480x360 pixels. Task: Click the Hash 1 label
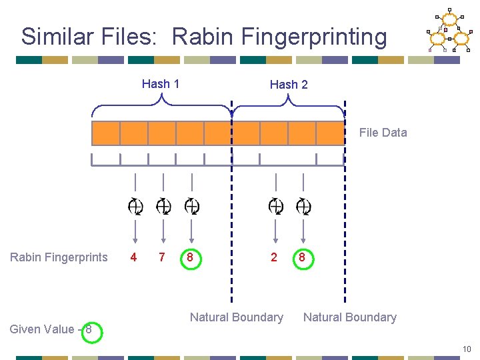(161, 84)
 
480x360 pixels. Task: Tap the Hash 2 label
(289, 85)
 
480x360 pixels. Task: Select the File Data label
(383, 133)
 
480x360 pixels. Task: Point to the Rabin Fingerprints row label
(59, 257)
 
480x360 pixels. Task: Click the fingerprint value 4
(134, 257)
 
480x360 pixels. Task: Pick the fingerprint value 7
(162, 257)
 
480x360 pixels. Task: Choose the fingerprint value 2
(274, 257)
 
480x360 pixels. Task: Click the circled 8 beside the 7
(191, 257)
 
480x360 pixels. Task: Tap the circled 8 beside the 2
(302, 257)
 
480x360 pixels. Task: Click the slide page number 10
(467, 349)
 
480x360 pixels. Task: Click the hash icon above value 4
(135, 207)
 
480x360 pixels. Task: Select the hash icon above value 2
(275, 207)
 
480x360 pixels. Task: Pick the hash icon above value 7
(163, 207)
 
